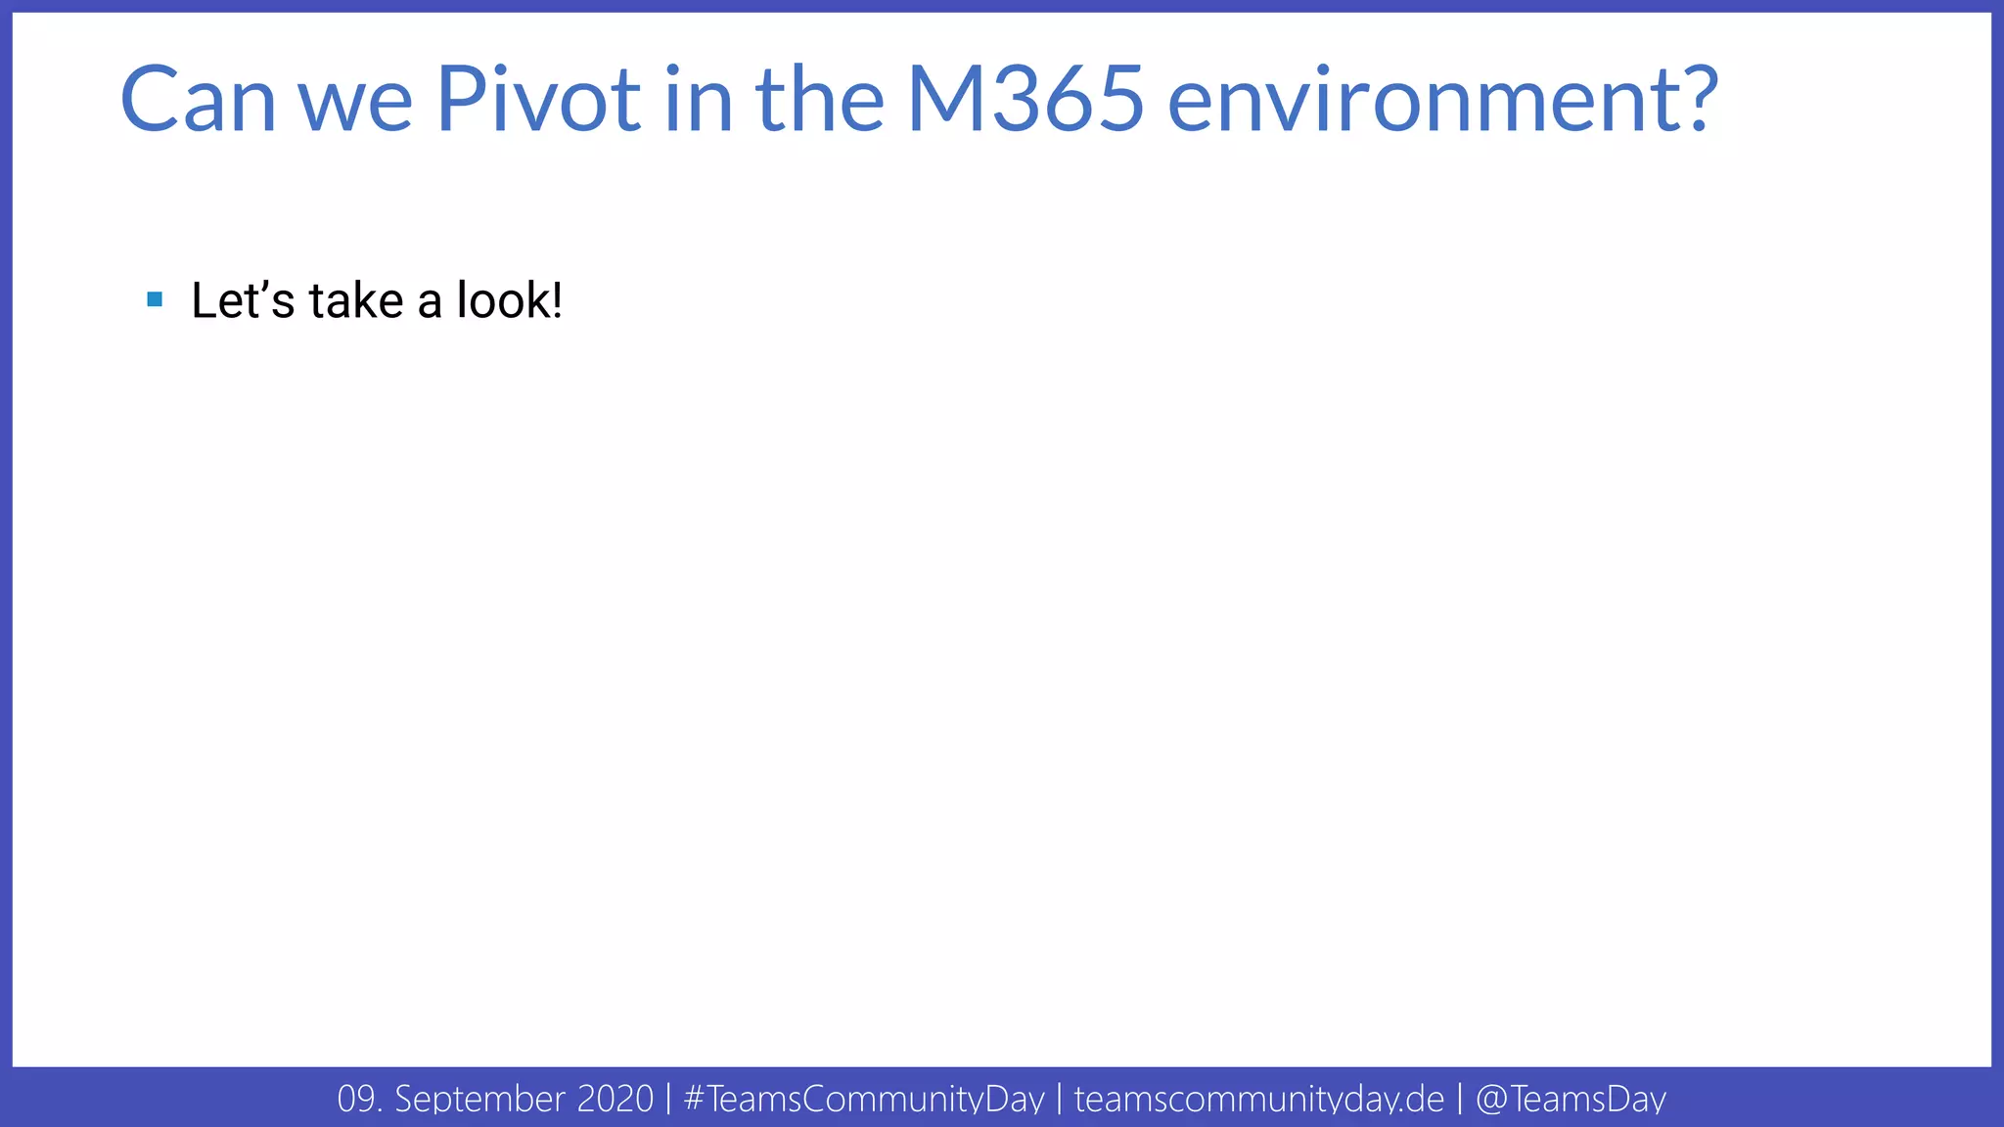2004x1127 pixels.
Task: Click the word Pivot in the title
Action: click(537, 99)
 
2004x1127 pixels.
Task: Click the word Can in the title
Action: click(198, 99)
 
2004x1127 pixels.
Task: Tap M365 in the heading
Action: click(1025, 99)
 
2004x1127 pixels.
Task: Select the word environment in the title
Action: click(1425, 101)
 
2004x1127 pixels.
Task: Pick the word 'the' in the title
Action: click(820, 99)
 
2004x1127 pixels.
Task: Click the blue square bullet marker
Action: click(155, 299)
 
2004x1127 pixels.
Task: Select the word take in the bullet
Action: click(356, 300)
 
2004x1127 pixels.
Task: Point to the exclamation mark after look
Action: click(558, 300)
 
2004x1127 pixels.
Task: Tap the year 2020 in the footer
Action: click(615, 1099)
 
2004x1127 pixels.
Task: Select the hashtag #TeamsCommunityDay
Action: click(864, 1099)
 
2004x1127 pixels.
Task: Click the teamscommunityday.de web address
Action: click(1258, 1099)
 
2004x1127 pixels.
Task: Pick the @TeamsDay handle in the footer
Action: click(1570, 1099)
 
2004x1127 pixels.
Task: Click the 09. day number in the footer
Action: click(359, 1099)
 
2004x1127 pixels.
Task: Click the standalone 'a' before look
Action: click(430, 303)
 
